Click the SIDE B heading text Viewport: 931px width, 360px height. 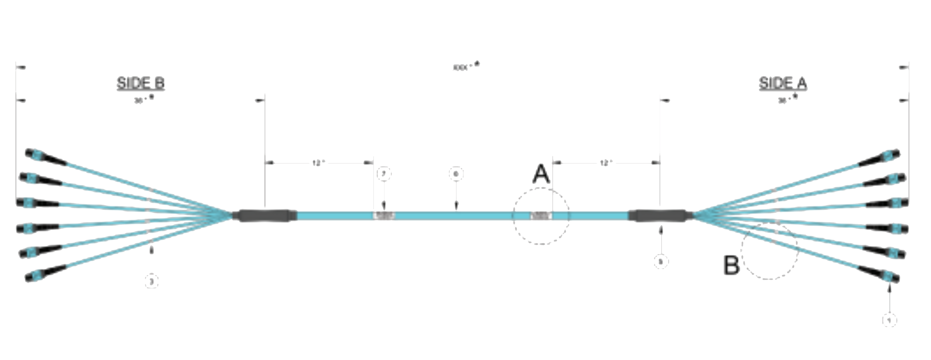click(140, 83)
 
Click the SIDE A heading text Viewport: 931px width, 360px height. click(783, 83)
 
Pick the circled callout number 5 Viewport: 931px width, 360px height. click(661, 262)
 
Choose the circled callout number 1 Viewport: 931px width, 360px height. click(889, 320)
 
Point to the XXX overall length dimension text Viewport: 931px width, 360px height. click(461, 67)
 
